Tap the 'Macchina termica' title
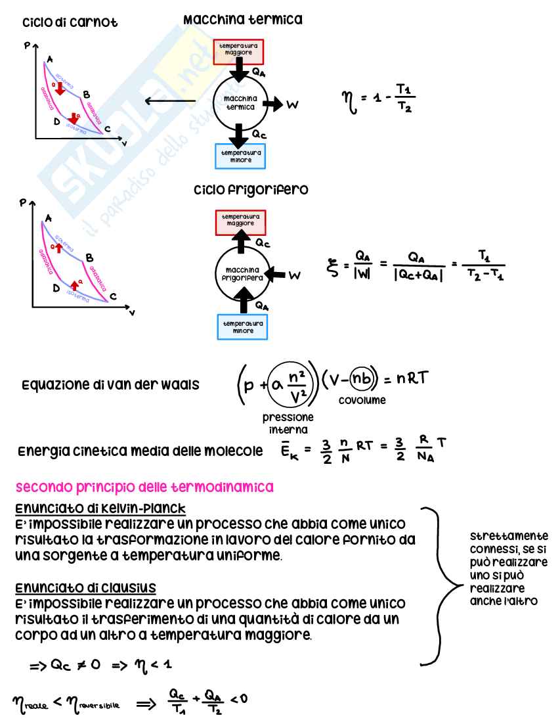pyautogui.click(x=253, y=20)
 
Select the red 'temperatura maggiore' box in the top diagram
pyautogui.click(x=238, y=52)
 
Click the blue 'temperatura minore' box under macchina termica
pyautogui.click(x=242, y=156)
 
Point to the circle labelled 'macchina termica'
pyautogui.click(x=241, y=102)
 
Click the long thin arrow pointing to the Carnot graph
pyautogui.click(x=170, y=101)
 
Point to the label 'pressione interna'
pyautogui.click(x=288, y=422)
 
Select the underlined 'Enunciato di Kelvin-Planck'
pyautogui.click(x=100, y=509)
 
